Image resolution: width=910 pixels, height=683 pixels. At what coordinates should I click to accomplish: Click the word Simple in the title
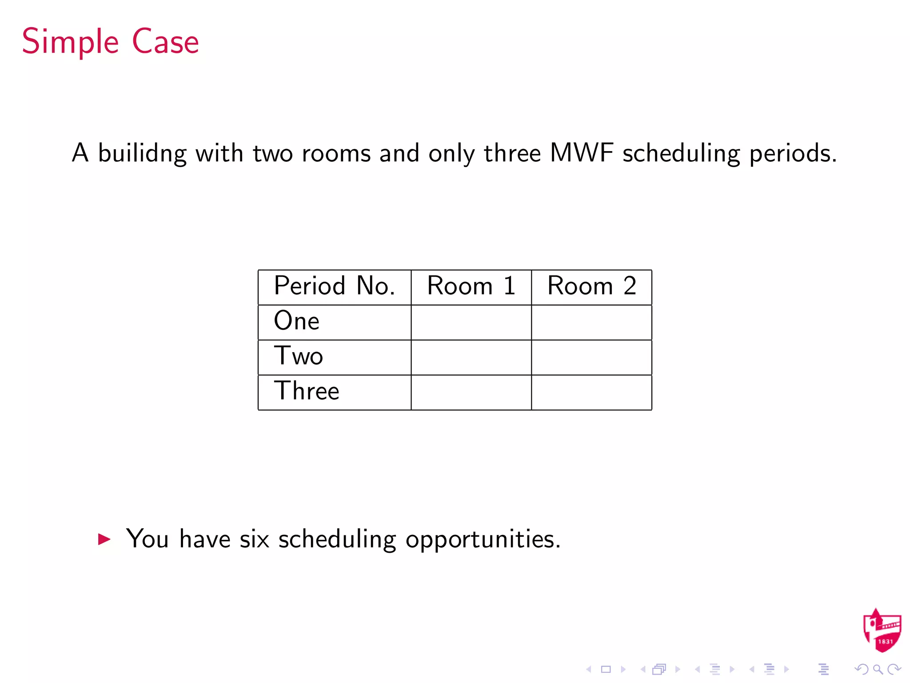[x=70, y=42]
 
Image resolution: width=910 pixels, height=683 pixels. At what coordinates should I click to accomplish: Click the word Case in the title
[x=165, y=42]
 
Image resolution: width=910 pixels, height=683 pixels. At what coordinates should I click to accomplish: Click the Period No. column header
[x=334, y=286]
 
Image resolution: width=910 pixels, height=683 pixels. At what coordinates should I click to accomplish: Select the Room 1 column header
[x=471, y=286]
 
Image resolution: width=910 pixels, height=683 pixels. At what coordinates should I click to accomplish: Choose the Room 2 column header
[x=591, y=286]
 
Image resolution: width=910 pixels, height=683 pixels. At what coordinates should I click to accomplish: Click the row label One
[x=296, y=321]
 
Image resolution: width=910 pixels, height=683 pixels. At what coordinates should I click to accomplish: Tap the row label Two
[x=298, y=356]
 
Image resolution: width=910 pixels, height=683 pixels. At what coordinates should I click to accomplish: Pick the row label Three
[x=307, y=391]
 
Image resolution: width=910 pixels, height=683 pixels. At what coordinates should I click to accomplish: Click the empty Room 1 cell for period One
[x=471, y=322]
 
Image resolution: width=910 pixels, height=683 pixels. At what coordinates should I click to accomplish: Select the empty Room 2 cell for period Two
[x=591, y=358]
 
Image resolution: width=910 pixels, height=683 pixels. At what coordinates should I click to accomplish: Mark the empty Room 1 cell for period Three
[x=471, y=393]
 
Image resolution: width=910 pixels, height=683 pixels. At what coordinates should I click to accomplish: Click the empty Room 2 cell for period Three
[x=591, y=393]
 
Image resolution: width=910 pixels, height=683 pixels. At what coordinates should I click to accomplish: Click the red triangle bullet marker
[x=104, y=539]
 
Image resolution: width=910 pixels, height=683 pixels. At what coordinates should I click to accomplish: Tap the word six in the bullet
[x=254, y=539]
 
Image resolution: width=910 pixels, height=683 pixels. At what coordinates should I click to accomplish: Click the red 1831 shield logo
[x=882, y=631]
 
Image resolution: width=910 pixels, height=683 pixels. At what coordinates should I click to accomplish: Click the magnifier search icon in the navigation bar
[x=878, y=669]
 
